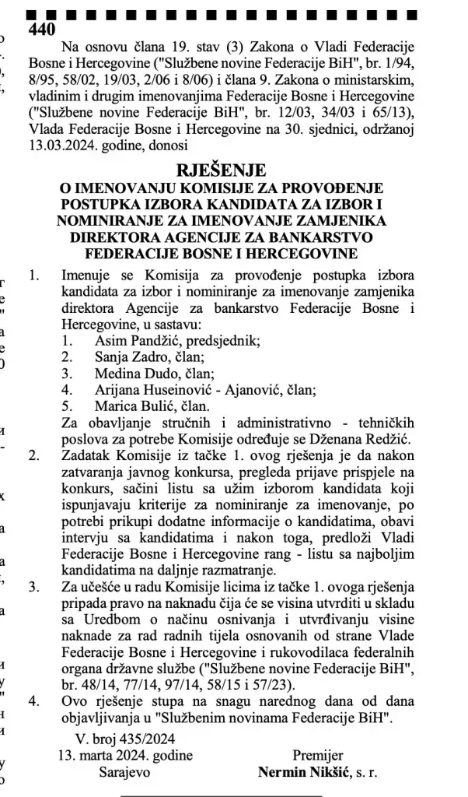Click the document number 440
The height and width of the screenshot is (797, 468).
click(x=41, y=30)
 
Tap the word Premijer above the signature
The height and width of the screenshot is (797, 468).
click(x=317, y=756)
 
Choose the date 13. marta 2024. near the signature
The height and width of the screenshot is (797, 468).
click(x=125, y=756)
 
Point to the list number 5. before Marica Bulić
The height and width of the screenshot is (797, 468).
click(x=68, y=406)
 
